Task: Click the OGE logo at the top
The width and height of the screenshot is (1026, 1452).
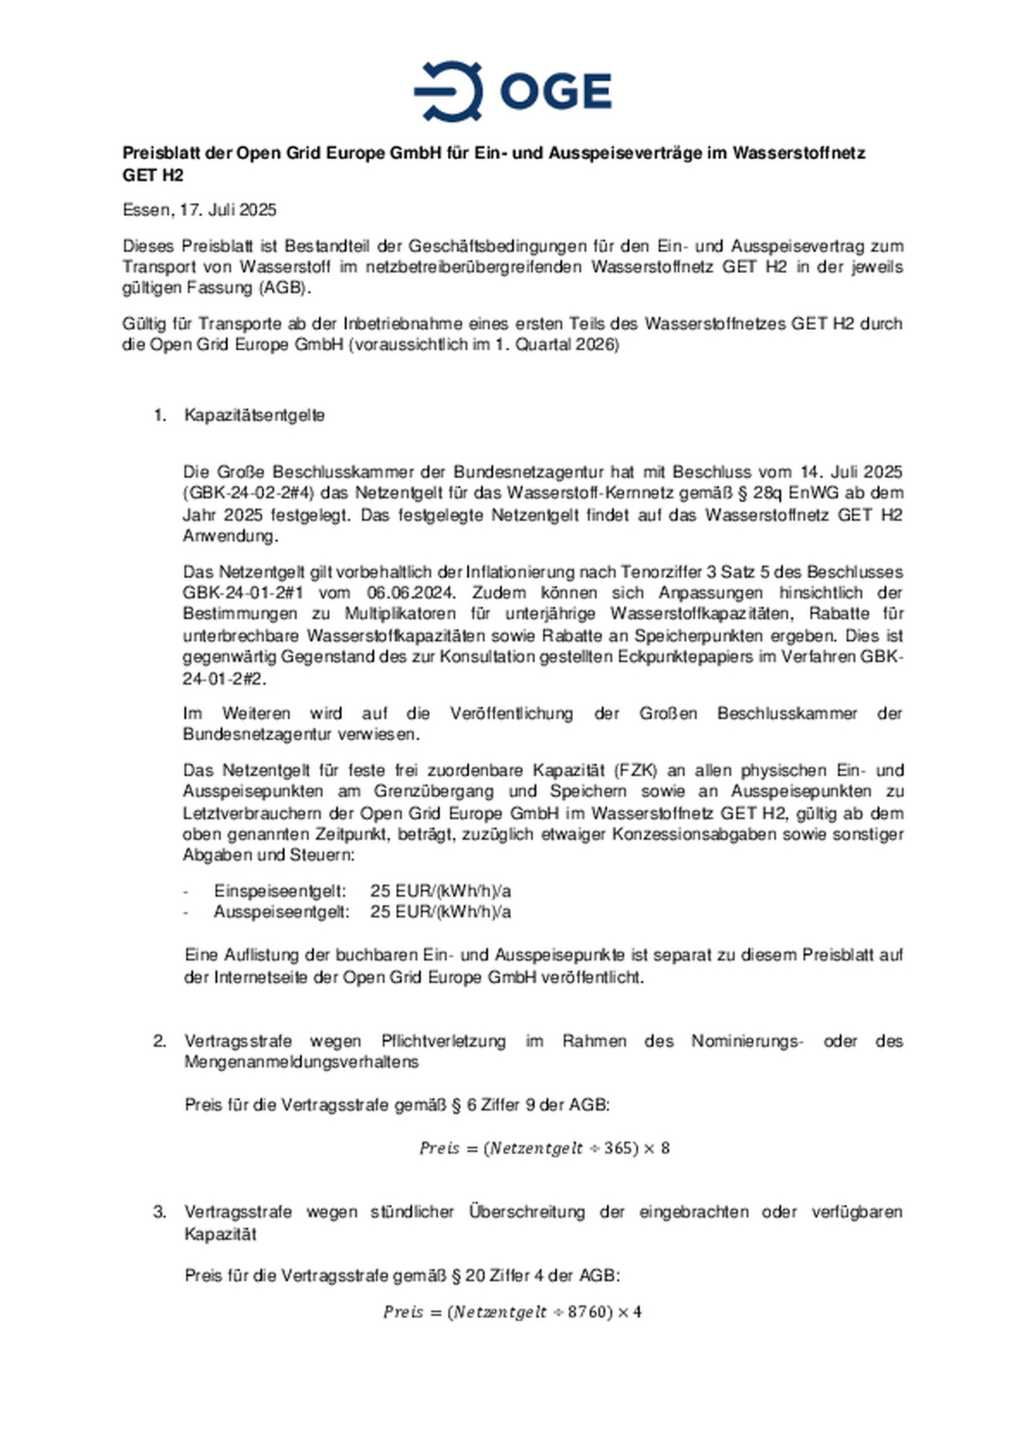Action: coord(512,91)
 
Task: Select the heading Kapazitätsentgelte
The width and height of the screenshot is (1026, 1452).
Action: coord(254,415)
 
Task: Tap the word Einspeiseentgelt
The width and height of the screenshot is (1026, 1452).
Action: coord(280,891)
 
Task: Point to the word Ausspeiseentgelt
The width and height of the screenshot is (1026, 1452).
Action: coord(281,912)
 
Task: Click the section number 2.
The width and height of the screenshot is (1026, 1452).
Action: coord(160,1041)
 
